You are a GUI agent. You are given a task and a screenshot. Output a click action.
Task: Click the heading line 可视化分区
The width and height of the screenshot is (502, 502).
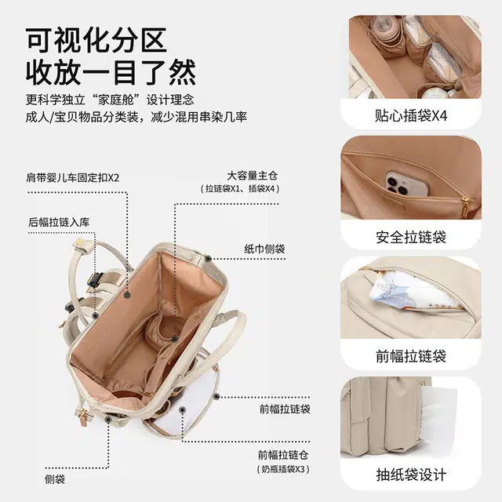pyautogui.click(x=96, y=40)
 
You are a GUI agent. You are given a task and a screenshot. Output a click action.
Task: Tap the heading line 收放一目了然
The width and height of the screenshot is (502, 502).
pyautogui.click(x=111, y=72)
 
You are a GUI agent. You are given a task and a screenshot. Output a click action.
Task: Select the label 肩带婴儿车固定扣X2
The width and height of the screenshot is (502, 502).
pyautogui.click(x=73, y=178)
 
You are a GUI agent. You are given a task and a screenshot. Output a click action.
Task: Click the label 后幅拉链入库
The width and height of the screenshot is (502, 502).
pyautogui.click(x=59, y=222)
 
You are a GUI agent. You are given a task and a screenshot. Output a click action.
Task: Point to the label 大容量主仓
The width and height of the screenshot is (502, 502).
pyautogui.click(x=253, y=176)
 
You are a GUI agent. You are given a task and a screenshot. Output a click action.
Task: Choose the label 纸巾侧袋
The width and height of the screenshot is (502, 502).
pyautogui.click(x=264, y=249)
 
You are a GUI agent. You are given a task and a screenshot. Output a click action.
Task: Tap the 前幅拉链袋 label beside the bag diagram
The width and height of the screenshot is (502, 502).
pyautogui.click(x=285, y=409)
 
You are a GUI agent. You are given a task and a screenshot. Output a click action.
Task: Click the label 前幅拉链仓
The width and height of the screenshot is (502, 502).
pyautogui.click(x=283, y=455)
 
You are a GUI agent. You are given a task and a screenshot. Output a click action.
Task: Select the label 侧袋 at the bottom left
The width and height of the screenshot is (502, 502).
pyautogui.click(x=55, y=479)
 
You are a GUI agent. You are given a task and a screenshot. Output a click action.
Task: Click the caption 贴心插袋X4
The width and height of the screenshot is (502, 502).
pyautogui.click(x=411, y=115)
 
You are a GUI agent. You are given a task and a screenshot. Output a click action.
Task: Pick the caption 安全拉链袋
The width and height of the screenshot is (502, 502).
pyautogui.click(x=411, y=237)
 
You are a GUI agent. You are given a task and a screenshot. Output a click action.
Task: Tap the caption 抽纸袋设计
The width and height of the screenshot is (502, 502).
pyautogui.click(x=411, y=475)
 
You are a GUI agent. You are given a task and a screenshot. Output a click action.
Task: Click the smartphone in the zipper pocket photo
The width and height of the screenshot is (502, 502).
pyautogui.click(x=407, y=184)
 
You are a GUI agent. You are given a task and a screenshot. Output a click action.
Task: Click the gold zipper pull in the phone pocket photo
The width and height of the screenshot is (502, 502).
pyautogui.click(x=465, y=205)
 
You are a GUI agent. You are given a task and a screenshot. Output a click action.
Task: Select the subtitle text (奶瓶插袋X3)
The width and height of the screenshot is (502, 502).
pyautogui.click(x=283, y=469)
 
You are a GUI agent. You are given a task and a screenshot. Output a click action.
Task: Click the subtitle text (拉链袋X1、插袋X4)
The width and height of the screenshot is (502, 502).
pyautogui.click(x=240, y=188)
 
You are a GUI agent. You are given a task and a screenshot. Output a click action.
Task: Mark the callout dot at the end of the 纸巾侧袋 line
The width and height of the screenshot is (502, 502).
pyautogui.click(x=209, y=258)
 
